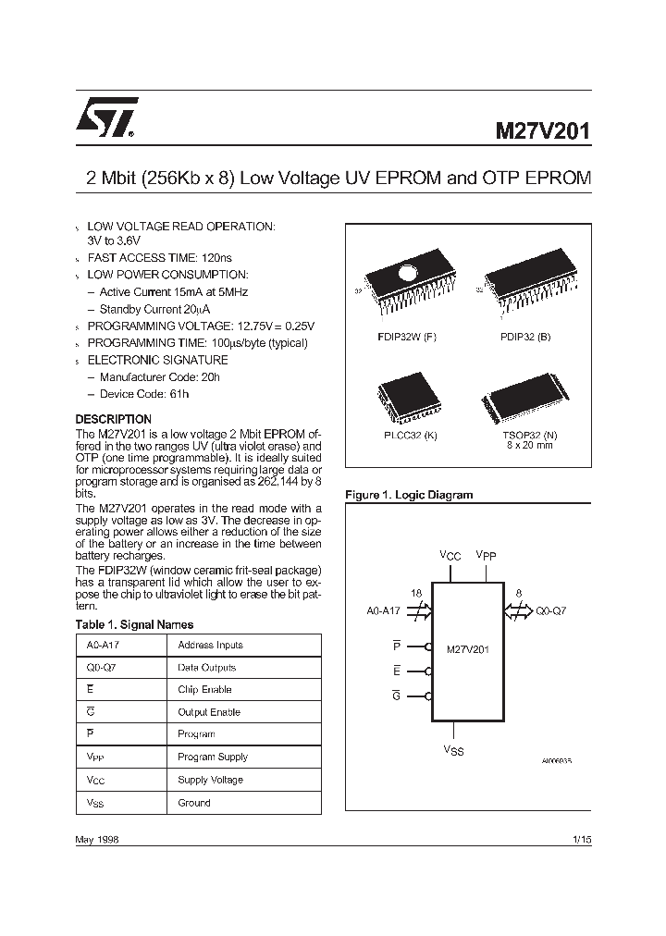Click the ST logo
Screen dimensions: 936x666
click(x=107, y=118)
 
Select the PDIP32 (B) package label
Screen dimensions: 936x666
click(x=524, y=337)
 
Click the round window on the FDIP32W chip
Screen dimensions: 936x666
click(x=409, y=273)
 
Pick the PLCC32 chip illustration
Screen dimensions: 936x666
click(x=401, y=392)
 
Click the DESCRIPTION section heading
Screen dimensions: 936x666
click(x=113, y=419)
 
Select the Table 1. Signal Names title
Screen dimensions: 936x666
click(x=134, y=625)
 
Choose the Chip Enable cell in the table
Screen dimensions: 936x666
click(x=204, y=690)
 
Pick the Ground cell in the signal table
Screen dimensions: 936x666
click(x=194, y=803)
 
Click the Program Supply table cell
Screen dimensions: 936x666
click(x=213, y=757)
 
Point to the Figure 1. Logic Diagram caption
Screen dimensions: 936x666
click(x=408, y=495)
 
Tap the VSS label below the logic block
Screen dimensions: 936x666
click(x=453, y=750)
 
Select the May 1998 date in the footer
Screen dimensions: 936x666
click(x=96, y=839)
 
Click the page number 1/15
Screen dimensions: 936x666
click(x=581, y=839)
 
